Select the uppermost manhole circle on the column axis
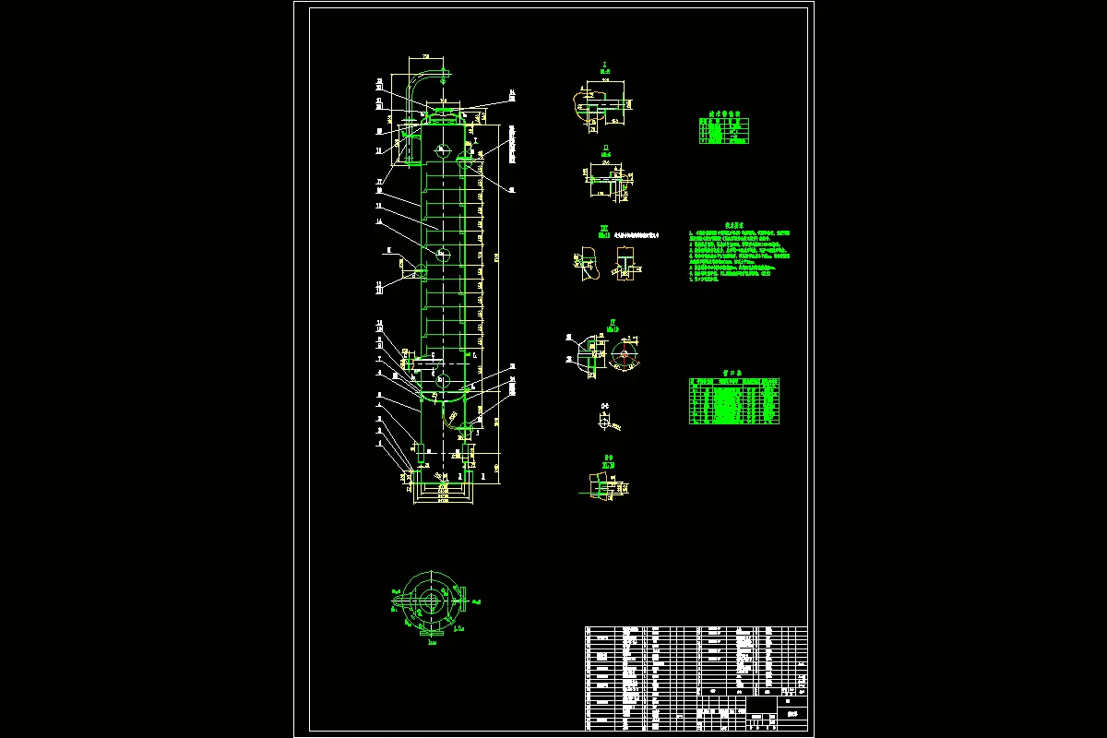tap(442, 150)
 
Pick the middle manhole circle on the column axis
tap(442, 252)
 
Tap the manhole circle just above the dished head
tap(439, 379)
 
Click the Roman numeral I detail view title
tap(604, 65)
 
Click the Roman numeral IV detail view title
tap(612, 323)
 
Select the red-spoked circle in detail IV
tap(624, 353)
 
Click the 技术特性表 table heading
tap(723, 112)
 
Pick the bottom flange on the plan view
tap(431, 633)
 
